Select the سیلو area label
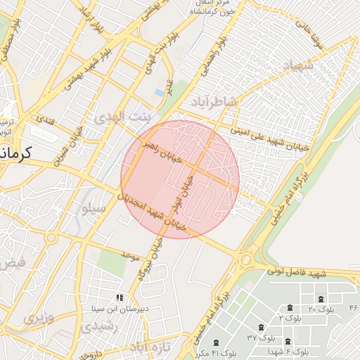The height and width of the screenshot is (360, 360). (93, 208)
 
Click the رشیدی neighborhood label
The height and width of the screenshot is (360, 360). (94, 326)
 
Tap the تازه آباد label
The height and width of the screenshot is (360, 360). (148, 347)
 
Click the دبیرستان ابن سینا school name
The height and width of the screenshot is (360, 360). (117, 309)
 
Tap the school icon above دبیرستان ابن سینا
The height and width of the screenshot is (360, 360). (120, 298)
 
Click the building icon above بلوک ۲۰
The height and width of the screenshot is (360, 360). (321, 299)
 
